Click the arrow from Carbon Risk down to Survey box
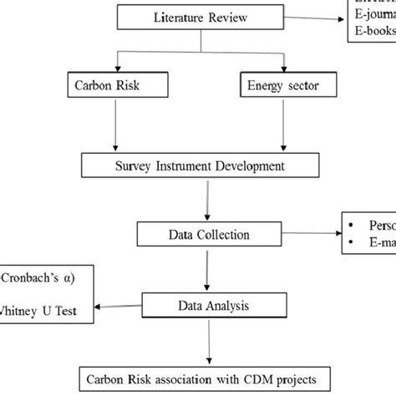110,125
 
